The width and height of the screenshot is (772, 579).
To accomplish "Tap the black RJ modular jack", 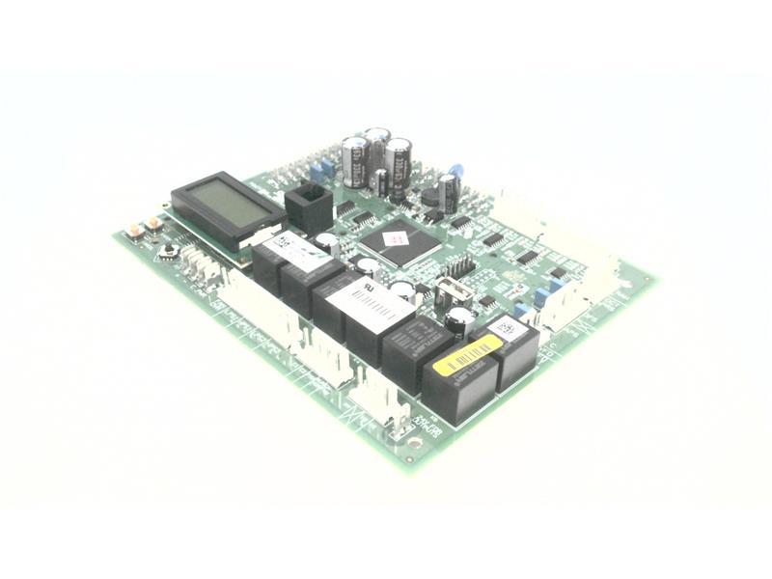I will point(308,206).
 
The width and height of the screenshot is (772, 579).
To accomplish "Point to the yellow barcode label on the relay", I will point(471,354).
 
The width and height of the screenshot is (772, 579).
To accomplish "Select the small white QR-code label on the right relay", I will point(510,329).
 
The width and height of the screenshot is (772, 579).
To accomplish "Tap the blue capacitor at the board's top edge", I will point(455,171).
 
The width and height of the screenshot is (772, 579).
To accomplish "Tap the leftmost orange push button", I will point(134,232).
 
